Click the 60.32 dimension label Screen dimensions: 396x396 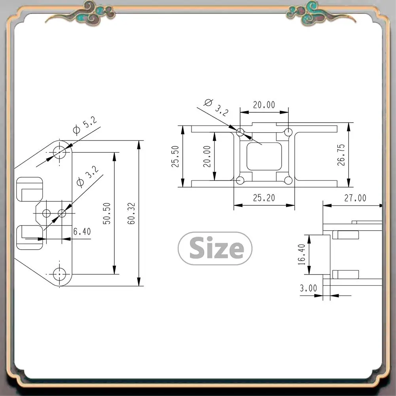pyautogui.click(x=132, y=214)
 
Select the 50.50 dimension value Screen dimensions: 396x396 pyautogui.click(x=107, y=214)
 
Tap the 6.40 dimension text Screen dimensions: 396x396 pyautogui.click(x=82, y=231)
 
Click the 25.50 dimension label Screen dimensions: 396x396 pyautogui.click(x=175, y=156)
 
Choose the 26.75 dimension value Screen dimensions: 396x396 pyautogui.click(x=341, y=154)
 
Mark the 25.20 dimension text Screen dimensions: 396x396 pyautogui.click(x=264, y=197)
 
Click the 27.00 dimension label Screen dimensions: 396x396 pyautogui.click(x=355, y=198)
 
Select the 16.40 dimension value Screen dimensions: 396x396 pyautogui.click(x=302, y=254)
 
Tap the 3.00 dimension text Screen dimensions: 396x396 pyautogui.click(x=308, y=288)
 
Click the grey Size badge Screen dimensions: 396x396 pyautogui.click(x=215, y=248)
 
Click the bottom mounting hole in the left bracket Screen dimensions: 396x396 pyautogui.click(x=60, y=273)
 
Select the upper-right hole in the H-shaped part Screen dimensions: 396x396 pyautogui.click(x=288, y=131)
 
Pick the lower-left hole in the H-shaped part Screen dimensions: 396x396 pyautogui.click(x=240, y=181)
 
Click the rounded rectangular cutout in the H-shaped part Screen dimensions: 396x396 pyautogui.click(x=264, y=156)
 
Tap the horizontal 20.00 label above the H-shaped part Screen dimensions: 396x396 pyautogui.click(x=264, y=105)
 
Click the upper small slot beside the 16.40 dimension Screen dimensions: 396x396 pyautogui.click(x=345, y=235)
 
